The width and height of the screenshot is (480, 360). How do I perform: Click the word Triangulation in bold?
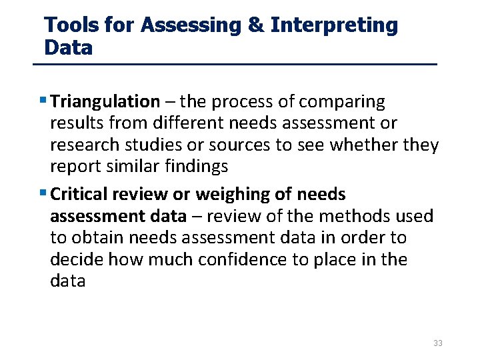coord(105,102)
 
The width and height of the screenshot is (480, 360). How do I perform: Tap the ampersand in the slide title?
coord(255,26)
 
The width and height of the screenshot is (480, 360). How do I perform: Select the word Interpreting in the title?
coord(335,26)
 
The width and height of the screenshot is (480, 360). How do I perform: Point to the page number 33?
coord(438,343)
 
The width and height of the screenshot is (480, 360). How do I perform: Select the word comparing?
coord(342,102)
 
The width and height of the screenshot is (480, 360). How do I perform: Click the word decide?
coord(79,259)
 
